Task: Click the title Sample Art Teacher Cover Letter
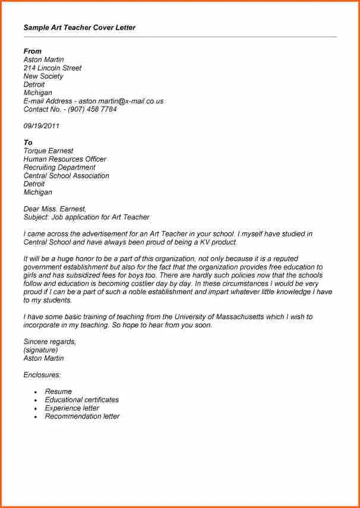[x=80, y=27]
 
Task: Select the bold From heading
[x=32, y=51]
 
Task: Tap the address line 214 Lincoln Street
[x=52, y=68]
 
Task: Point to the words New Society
[x=43, y=76]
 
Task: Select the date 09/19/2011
[x=41, y=126]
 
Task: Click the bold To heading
[x=28, y=143]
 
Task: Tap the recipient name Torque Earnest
[x=49, y=151]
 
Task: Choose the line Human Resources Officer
[x=65, y=159]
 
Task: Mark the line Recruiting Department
[x=59, y=168]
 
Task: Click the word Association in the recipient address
[x=90, y=176]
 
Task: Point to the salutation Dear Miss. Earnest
[x=55, y=209]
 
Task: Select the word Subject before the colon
[x=36, y=217]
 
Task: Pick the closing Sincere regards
[x=49, y=342]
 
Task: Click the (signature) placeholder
[x=40, y=350]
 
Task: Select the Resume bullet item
[x=58, y=392]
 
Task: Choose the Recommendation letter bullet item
[x=82, y=417]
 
